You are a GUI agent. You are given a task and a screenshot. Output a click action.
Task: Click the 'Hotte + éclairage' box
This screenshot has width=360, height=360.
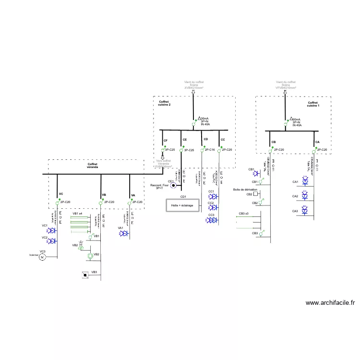point(182,205)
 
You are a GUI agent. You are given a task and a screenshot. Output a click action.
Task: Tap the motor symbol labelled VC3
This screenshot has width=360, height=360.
point(42,258)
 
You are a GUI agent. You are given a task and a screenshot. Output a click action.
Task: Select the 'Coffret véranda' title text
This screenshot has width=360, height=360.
point(93,166)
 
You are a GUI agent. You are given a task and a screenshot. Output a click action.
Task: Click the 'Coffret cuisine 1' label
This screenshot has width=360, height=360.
point(313,104)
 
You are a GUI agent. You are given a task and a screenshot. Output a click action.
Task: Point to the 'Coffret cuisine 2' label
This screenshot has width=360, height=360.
point(165,104)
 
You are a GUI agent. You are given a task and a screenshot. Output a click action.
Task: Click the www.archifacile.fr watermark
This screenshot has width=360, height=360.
point(330,303)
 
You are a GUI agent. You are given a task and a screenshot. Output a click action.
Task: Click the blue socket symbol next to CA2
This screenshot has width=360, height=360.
point(306,197)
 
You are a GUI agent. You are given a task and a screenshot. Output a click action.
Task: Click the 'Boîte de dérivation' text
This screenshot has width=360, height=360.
point(245,190)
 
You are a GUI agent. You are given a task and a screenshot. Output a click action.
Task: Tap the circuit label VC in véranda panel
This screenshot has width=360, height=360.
point(61,194)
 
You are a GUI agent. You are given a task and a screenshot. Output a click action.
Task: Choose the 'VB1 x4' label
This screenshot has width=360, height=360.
point(78,213)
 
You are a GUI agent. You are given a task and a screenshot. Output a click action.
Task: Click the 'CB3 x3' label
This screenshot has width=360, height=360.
point(243,213)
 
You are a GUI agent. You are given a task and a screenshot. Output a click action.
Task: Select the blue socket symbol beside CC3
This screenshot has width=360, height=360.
point(211,220)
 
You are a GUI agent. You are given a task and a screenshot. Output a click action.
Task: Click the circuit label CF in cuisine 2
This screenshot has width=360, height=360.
point(166,141)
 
